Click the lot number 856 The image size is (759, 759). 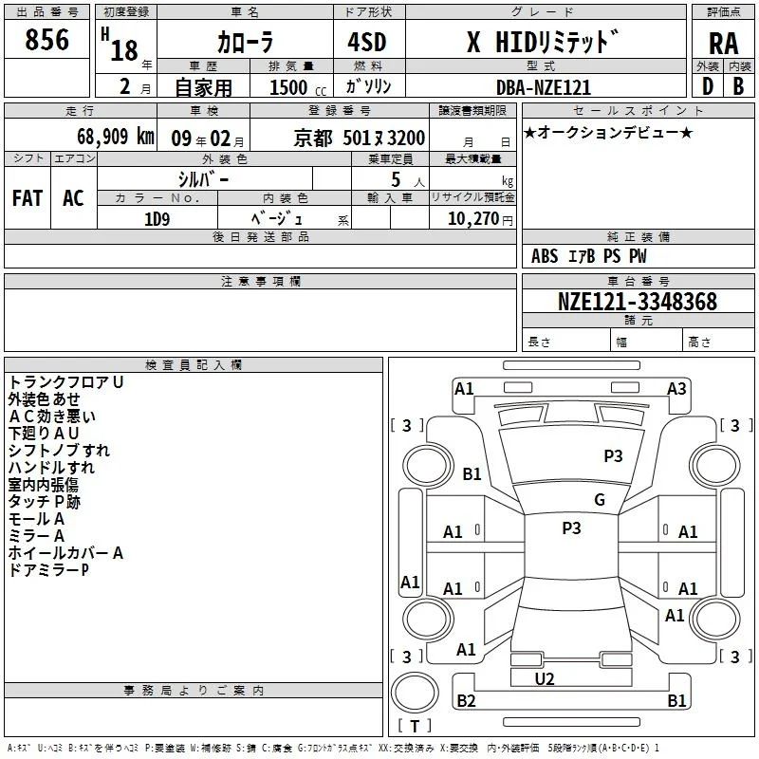tap(46, 40)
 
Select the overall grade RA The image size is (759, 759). tap(723, 44)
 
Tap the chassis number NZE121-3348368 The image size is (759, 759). tap(638, 301)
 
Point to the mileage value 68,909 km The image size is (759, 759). tap(116, 137)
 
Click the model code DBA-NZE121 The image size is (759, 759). tap(544, 87)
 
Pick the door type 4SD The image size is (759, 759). tap(367, 42)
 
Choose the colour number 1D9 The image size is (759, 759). tap(157, 219)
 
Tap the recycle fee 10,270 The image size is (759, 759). tap(472, 219)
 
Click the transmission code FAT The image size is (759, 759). tap(28, 198)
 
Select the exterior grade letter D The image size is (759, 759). tap(707, 86)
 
